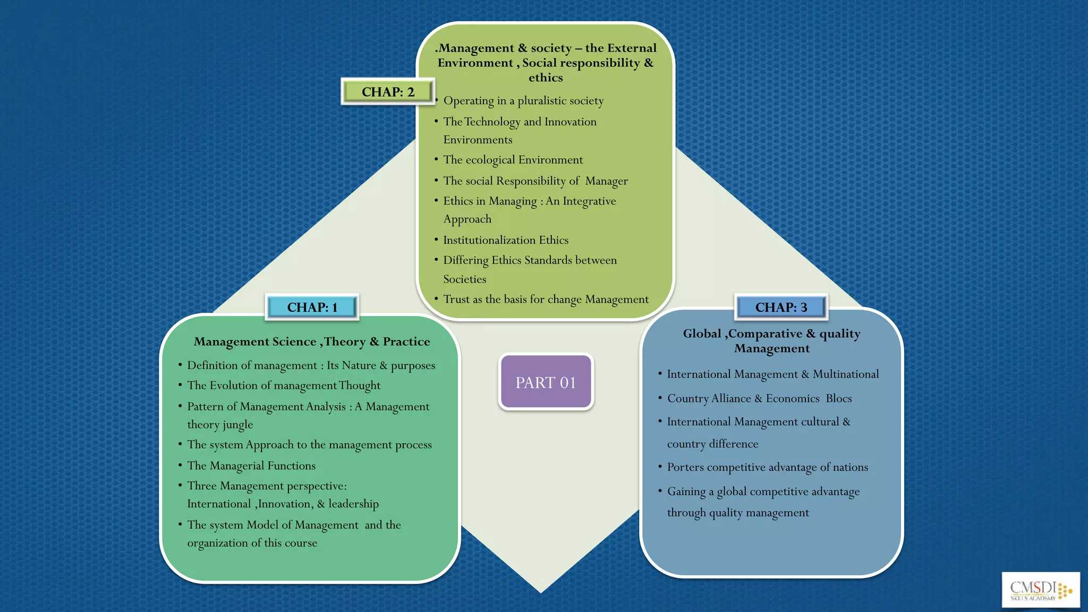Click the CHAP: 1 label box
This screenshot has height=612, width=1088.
click(x=312, y=307)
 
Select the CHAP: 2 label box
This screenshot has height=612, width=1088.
click(x=388, y=92)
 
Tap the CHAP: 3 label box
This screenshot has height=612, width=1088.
click(x=781, y=307)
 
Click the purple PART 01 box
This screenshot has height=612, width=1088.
click(x=546, y=382)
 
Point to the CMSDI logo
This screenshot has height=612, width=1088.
click(x=1040, y=590)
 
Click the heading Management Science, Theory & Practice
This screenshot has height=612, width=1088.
click(x=312, y=342)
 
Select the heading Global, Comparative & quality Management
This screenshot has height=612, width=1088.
click(x=771, y=341)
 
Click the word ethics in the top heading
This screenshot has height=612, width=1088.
click(x=546, y=78)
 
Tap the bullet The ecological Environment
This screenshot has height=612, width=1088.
click(x=513, y=160)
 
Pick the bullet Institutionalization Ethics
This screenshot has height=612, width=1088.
click(x=506, y=240)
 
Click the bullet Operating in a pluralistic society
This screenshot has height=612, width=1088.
click(x=523, y=101)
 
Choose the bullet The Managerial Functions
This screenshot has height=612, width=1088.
click(x=251, y=466)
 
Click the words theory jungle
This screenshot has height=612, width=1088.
click(x=220, y=424)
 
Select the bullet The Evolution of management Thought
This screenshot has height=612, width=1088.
click(x=284, y=386)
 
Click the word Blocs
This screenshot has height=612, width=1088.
click(x=839, y=398)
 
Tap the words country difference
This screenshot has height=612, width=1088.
click(x=712, y=444)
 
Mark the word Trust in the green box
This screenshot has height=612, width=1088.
click(x=456, y=299)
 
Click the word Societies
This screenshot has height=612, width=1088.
click(x=465, y=279)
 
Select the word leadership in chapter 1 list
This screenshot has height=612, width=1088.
click(x=353, y=504)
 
